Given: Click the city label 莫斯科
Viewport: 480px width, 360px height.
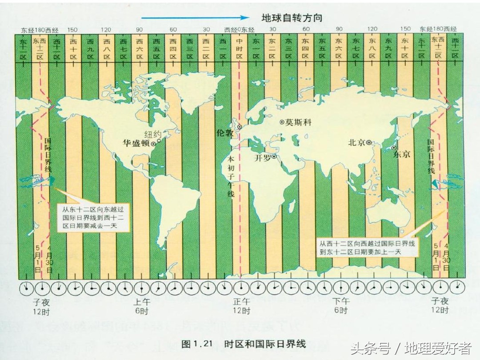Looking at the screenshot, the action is click(298, 122).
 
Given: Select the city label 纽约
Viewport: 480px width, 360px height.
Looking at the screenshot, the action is click(153, 134).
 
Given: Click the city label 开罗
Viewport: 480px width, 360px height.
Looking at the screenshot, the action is click(262, 157).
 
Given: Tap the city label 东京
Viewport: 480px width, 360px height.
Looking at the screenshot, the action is click(402, 155).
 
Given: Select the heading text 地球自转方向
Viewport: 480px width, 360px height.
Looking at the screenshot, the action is click(292, 18).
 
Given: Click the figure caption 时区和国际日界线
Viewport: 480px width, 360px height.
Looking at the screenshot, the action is click(265, 344).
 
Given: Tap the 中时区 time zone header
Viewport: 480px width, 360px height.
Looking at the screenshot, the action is click(239, 49).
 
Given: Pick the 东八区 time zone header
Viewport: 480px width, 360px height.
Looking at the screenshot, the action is click(372, 49).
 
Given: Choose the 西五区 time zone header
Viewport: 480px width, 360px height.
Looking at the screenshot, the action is click(156, 49).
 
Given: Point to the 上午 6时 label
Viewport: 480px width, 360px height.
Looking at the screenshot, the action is click(142, 305).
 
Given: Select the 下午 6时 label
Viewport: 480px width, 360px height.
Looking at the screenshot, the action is click(341, 305).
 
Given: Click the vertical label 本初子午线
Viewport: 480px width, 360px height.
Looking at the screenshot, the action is click(231, 177).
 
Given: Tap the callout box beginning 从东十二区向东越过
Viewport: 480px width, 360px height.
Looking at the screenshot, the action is click(95, 217).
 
